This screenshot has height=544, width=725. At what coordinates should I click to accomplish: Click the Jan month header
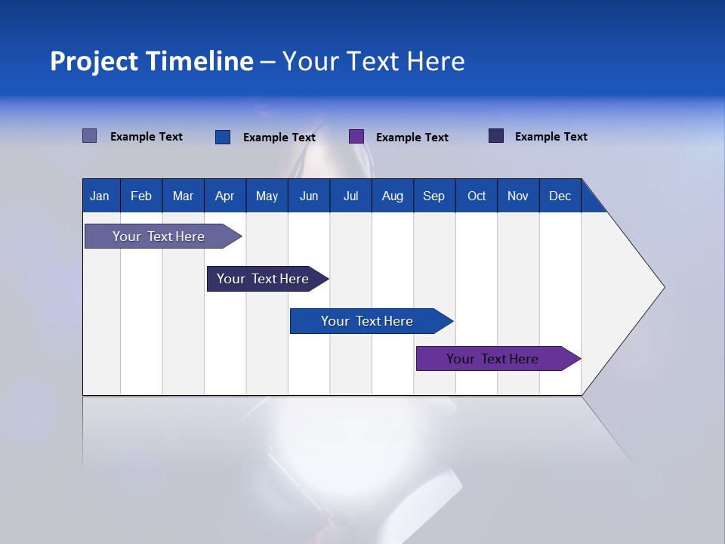(100, 196)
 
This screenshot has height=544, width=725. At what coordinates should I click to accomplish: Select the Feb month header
(141, 196)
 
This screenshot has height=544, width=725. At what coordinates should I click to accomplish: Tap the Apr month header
(224, 196)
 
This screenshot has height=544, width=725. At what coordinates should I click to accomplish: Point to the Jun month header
(309, 196)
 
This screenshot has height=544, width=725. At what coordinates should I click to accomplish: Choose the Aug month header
(392, 196)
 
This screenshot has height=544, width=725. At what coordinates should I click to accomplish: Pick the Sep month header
(433, 196)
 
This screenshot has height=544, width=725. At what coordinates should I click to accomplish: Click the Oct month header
(477, 196)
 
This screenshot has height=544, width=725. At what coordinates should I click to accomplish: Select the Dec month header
(560, 196)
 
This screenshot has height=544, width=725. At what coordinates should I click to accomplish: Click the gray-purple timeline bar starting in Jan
(159, 236)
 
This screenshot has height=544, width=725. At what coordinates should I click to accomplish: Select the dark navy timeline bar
(263, 279)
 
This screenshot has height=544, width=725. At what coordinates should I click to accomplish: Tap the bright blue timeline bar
(367, 321)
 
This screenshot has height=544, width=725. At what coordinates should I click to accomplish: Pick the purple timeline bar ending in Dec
(492, 359)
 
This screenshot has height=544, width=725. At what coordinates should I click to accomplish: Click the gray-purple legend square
(89, 136)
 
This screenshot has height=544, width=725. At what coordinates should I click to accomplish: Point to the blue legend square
(222, 137)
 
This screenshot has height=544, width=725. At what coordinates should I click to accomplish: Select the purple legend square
(356, 137)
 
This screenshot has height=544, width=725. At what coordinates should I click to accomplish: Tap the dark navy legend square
(495, 136)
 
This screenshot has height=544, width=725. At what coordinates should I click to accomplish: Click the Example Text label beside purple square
(412, 138)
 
